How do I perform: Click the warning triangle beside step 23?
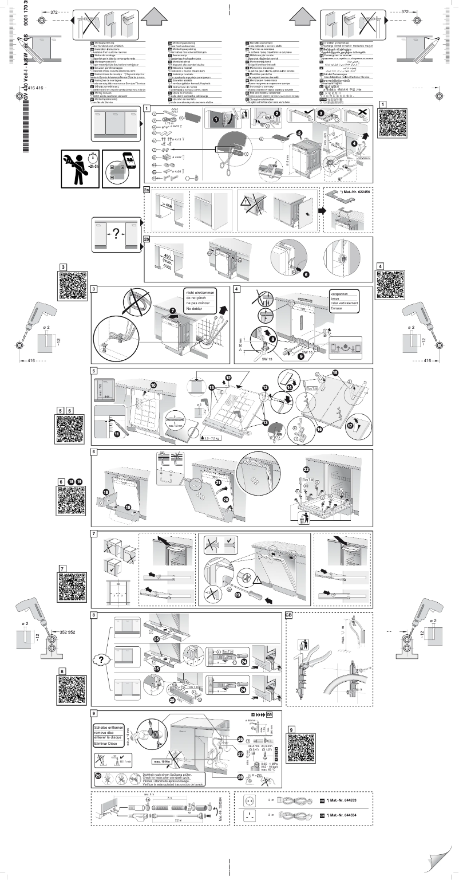[x=255, y=576]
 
